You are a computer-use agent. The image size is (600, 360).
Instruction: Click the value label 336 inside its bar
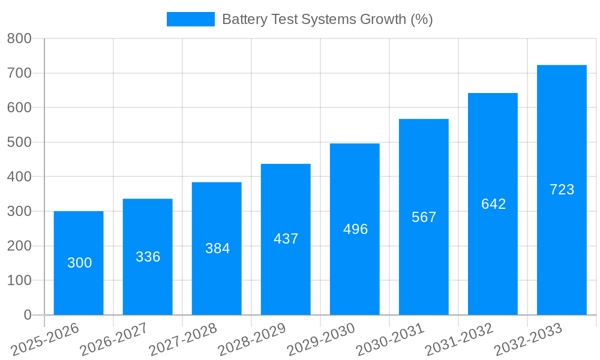click(148, 257)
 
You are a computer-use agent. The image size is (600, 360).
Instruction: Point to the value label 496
click(355, 229)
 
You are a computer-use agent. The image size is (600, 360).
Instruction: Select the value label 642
click(493, 204)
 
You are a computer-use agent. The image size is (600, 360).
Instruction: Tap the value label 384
click(217, 248)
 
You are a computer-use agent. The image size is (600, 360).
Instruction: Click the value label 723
click(562, 190)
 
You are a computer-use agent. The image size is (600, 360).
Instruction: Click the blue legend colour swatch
click(190, 19)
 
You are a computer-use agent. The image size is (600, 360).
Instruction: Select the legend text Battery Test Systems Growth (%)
click(327, 19)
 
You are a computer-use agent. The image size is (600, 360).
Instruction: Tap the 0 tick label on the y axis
click(27, 315)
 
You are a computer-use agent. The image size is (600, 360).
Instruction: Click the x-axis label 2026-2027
click(114, 340)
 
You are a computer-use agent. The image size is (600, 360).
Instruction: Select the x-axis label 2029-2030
click(321, 340)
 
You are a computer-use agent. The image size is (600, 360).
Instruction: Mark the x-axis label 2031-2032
click(459, 340)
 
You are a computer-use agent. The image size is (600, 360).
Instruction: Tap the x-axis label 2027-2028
click(183, 340)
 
